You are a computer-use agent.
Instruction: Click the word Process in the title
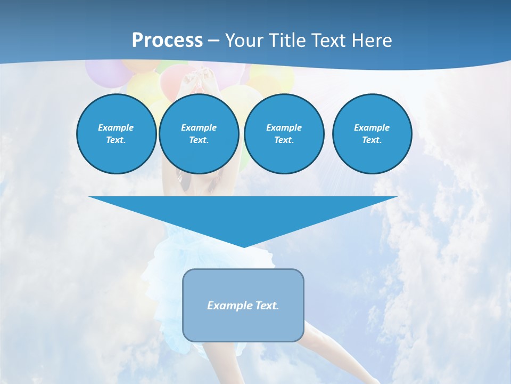pyautogui.click(x=167, y=41)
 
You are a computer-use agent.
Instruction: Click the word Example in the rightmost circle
pyautogui.click(x=372, y=127)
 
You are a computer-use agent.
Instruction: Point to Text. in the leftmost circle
pyautogui.click(x=116, y=140)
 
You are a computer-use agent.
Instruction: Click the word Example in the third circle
pyautogui.click(x=284, y=127)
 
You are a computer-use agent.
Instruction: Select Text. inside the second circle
pyautogui.click(x=199, y=140)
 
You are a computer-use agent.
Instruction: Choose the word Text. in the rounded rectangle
pyautogui.click(x=267, y=306)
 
